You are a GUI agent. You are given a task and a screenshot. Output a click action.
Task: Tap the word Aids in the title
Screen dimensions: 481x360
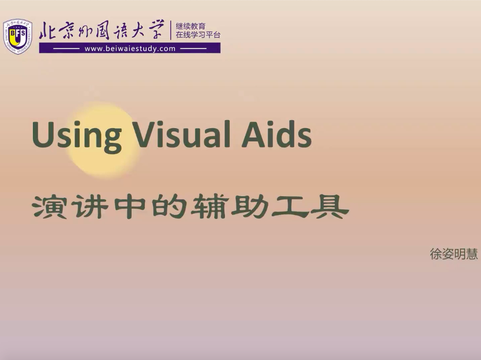[x=277, y=133]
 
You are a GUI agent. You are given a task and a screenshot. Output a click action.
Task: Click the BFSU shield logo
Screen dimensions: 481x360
[x=17, y=36]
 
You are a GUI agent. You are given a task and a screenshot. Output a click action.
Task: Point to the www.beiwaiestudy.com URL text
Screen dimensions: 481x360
[x=130, y=49]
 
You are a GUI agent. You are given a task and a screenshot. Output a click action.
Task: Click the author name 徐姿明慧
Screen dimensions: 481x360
[x=454, y=254]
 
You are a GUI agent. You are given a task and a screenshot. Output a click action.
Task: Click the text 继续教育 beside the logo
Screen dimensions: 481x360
[x=191, y=26]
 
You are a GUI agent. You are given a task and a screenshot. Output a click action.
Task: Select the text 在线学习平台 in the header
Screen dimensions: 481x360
[x=198, y=35]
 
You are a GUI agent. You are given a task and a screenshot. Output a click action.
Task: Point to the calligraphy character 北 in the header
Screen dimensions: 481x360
[x=48, y=31]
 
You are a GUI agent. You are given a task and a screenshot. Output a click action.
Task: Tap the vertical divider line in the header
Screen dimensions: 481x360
[x=171, y=30]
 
